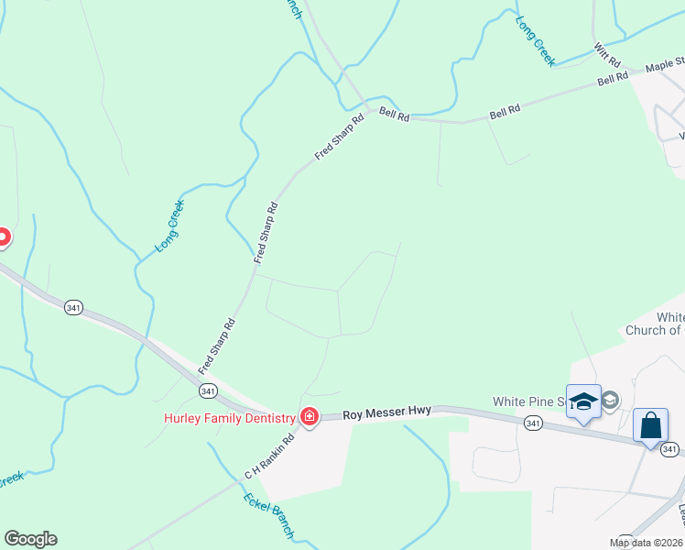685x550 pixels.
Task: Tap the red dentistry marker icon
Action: [x=310, y=418]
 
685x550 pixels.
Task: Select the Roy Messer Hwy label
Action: [x=387, y=415]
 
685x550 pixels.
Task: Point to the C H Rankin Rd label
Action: [x=268, y=456]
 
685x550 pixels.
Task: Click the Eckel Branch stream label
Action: [x=269, y=515]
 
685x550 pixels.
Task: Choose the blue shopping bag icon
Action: [x=651, y=426]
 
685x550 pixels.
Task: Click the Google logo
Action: [x=30, y=539]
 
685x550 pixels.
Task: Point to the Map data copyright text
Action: [x=647, y=543]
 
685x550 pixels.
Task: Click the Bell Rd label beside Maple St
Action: [x=613, y=79]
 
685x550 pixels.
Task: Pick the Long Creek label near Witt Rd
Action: [x=536, y=41]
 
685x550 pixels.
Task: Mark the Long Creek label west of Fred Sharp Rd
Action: [x=170, y=225]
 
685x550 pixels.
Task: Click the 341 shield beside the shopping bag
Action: [x=669, y=448]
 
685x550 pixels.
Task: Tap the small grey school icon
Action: [x=611, y=400]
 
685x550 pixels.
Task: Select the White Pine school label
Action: [x=527, y=401]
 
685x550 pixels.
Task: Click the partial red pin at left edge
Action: [x=3, y=237]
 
